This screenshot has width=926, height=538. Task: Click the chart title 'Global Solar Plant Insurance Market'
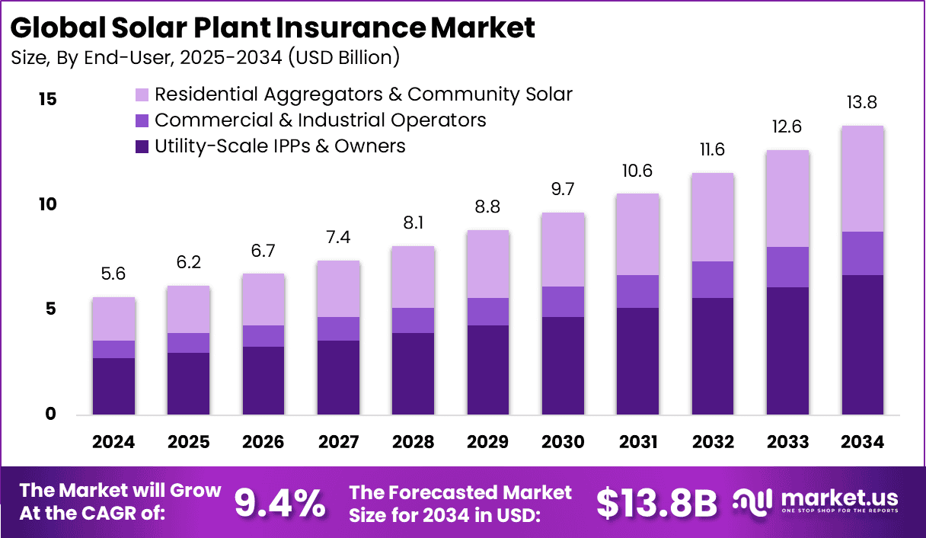coord(273,27)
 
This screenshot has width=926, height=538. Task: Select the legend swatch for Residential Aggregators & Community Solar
coord(142,95)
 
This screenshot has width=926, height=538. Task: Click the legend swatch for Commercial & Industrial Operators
coord(142,120)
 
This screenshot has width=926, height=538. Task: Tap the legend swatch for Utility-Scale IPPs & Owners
coord(142,146)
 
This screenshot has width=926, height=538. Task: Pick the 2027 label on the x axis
coord(338,443)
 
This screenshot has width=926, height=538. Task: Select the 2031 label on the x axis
coord(637,443)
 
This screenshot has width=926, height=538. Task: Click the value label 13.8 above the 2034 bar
coord(862,103)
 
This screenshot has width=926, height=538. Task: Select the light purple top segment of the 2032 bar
coord(712,217)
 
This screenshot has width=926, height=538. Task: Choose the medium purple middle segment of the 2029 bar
coord(487,311)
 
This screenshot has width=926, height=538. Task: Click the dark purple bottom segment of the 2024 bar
coord(113,386)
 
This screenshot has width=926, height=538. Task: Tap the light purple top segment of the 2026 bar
coord(263,299)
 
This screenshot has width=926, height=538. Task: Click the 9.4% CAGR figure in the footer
coord(279,503)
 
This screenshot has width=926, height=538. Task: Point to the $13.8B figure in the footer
coord(656,503)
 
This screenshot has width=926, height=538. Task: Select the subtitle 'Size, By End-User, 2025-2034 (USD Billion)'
coord(205,57)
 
